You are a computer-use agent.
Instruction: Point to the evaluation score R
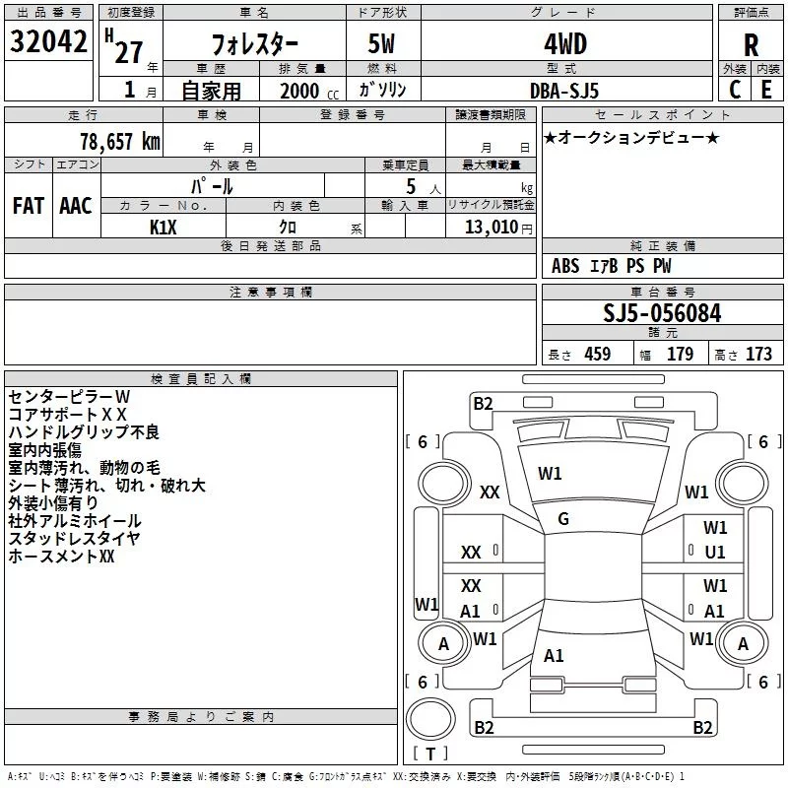[x=751, y=45]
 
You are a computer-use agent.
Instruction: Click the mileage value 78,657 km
[x=118, y=141]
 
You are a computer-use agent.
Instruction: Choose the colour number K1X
[x=164, y=227]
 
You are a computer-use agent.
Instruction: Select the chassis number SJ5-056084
[x=662, y=313]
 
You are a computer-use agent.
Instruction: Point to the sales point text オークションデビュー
[x=631, y=137]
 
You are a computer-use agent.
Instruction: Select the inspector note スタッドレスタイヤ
[x=74, y=538]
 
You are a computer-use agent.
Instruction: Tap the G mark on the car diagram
[x=563, y=519]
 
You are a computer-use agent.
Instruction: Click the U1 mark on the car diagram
[x=715, y=553]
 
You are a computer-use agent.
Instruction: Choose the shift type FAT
[x=28, y=205]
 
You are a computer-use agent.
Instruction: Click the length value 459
[x=597, y=355]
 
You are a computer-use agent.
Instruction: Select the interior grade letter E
[x=766, y=90]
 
